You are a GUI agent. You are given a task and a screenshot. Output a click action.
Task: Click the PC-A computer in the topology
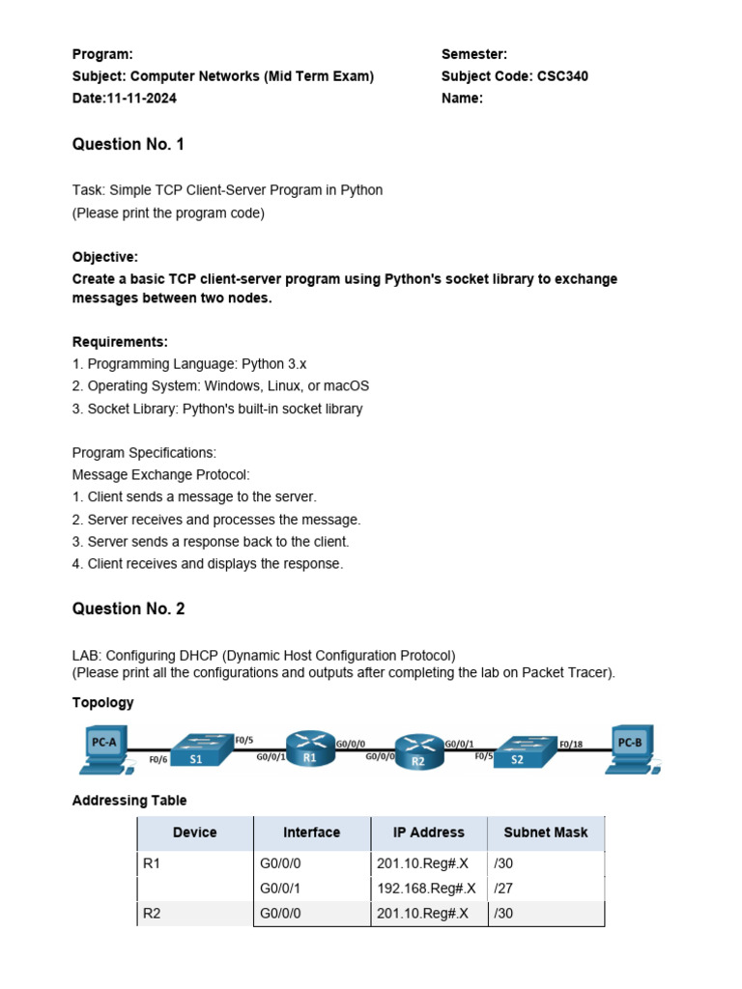pos(106,751)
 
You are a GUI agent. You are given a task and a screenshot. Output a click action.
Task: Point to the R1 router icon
pos(310,749)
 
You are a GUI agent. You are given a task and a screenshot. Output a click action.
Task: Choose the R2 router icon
pos(418,750)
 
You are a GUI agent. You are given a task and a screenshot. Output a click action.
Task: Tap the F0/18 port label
pos(571,745)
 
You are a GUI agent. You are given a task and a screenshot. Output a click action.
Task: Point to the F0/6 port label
pos(158,761)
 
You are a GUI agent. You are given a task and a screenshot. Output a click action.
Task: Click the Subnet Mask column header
pos(546,833)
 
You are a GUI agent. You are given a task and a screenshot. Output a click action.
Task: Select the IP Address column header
pos(428,833)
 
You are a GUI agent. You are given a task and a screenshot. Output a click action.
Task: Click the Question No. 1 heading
pos(128,145)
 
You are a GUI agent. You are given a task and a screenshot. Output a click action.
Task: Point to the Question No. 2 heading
pos(128,609)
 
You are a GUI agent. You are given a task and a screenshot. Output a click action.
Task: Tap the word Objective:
pos(105,257)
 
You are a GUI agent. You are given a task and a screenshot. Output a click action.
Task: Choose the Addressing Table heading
pos(129,801)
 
